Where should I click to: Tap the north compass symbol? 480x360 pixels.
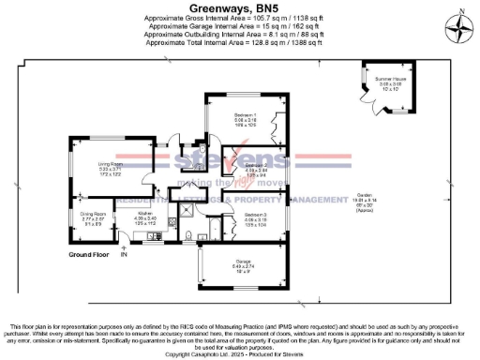tap(458, 30)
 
